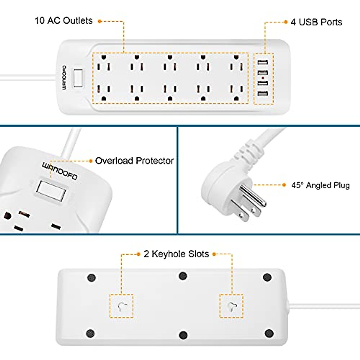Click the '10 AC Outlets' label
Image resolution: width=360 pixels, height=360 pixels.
coord(64,21)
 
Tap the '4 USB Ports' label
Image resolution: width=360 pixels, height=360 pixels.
coord(316,22)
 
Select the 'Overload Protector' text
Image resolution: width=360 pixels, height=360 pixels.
coord(134,161)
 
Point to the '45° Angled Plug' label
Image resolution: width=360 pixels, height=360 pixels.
coord(320,185)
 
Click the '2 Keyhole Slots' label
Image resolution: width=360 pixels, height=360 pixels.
coord(176,254)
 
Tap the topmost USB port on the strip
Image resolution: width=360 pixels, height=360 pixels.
coord(262,63)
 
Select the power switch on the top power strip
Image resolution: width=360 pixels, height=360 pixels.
coord(78,78)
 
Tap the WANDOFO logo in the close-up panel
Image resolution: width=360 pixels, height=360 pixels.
coord(59,171)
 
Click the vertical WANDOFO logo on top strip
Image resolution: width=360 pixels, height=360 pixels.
coord(64,78)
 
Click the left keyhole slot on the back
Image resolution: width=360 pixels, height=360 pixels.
coord(121,306)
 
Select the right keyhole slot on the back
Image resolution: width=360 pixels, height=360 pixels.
coord(231,306)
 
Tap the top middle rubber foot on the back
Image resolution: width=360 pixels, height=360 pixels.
coord(183,276)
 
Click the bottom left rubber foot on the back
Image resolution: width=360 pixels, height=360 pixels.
coord(90,333)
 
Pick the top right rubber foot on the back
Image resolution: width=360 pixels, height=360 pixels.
coord(267,277)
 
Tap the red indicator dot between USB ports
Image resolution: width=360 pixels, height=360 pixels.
coord(262,78)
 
